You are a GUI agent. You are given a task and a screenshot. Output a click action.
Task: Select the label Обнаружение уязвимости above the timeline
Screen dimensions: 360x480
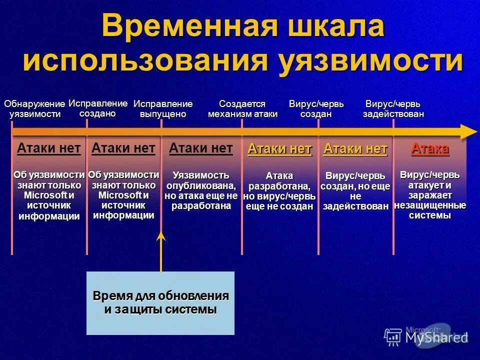pyautogui.click(x=34, y=109)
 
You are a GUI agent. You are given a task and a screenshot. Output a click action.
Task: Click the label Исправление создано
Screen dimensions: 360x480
pyautogui.click(x=98, y=108)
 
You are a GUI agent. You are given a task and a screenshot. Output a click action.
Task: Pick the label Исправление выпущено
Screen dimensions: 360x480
pyautogui.click(x=163, y=109)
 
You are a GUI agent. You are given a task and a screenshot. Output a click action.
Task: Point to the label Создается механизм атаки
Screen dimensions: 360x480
pyautogui.click(x=242, y=109)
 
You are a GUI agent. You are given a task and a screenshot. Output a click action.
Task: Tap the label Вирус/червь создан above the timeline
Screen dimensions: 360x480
pyautogui.click(x=316, y=109)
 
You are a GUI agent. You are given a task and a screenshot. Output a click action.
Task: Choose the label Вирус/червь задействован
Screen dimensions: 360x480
pyautogui.click(x=393, y=109)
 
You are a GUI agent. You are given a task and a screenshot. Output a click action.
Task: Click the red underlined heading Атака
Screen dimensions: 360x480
pyautogui.click(x=429, y=148)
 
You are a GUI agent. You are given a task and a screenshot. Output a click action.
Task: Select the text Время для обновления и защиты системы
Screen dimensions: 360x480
pyautogui.click(x=160, y=302)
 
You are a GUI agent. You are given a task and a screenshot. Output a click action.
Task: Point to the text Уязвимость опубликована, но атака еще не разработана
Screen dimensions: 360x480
pyautogui.click(x=201, y=190)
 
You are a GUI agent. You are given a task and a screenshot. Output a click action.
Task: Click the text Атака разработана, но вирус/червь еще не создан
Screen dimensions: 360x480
pyautogui.click(x=279, y=191)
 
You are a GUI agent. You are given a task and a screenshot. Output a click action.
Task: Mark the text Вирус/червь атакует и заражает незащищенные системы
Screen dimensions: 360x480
pyautogui.click(x=430, y=195)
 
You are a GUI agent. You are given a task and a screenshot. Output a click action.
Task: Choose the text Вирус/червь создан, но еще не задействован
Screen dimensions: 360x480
pyautogui.click(x=355, y=191)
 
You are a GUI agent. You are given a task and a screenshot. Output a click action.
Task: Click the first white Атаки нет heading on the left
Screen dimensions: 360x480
pyautogui.click(x=49, y=148)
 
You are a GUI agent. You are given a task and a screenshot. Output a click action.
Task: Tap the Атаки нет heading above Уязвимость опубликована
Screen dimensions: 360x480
pyautogui.click(x=201, y=148)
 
